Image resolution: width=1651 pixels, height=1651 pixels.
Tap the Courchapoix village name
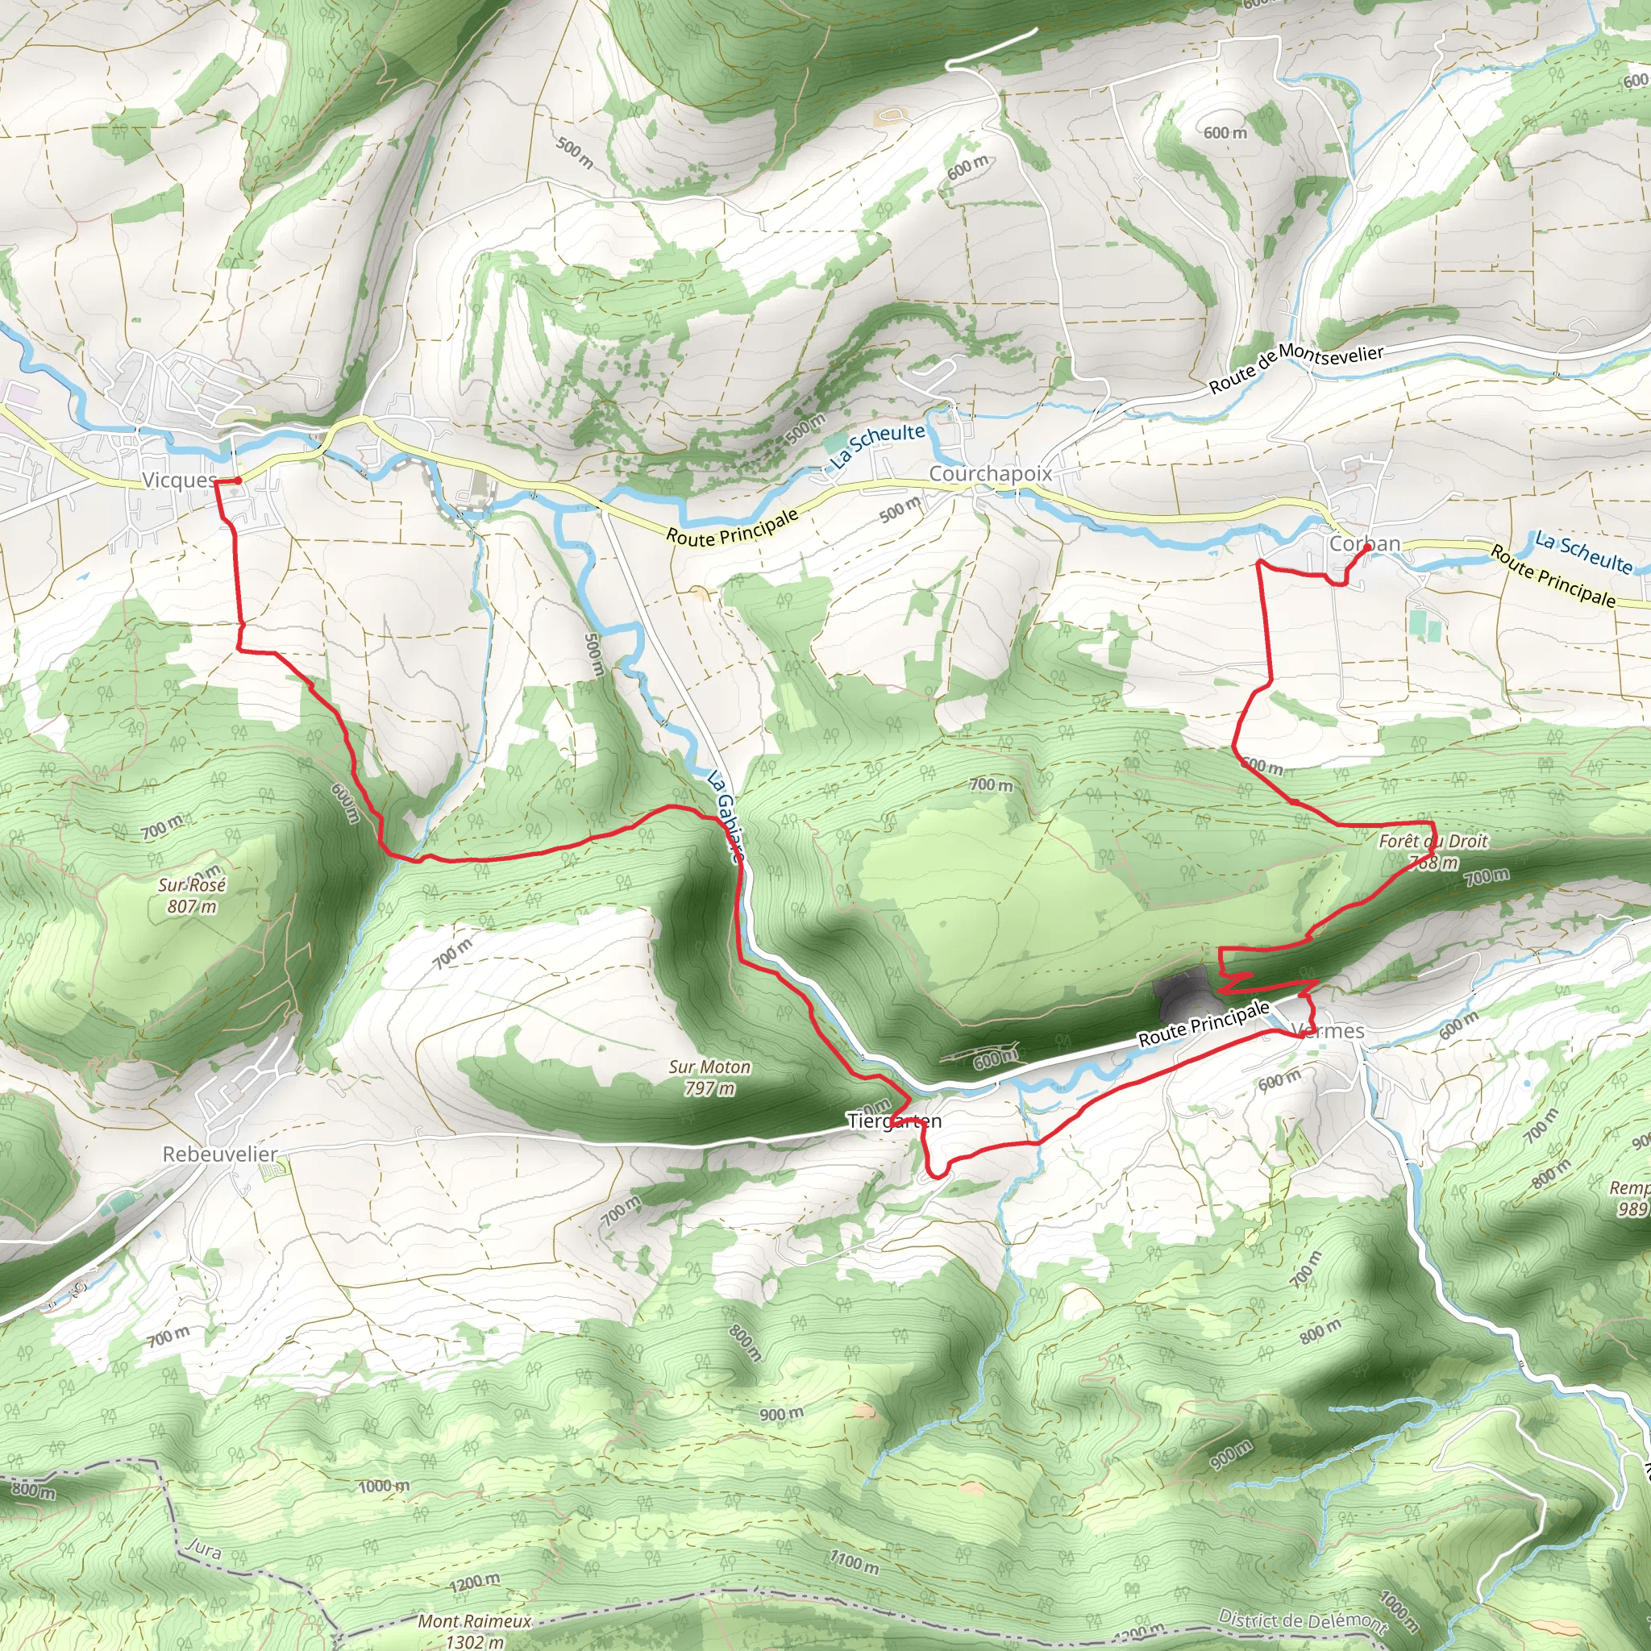990,473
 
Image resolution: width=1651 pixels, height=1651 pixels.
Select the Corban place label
1364,543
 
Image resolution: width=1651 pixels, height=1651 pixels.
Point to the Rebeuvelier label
219,1154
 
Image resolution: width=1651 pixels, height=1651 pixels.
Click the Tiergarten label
894,1121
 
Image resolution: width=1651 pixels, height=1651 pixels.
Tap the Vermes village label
1329,1030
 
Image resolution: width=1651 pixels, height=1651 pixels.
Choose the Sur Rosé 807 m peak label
191,895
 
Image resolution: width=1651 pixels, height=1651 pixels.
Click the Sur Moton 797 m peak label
709,1077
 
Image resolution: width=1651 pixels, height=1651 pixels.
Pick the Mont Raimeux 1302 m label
474,1628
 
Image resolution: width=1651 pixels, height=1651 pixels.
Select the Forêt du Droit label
1433,841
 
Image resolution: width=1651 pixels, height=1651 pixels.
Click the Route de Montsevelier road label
1295,367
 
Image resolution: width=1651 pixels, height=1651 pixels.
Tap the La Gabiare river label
726,815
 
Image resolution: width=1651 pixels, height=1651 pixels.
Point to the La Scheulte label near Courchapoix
878,444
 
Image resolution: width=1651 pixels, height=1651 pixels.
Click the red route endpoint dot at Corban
1369,550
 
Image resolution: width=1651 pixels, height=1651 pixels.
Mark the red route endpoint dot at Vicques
238,481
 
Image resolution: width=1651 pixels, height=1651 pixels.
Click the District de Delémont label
1303,1620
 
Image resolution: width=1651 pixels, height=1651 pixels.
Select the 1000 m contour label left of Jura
384,1486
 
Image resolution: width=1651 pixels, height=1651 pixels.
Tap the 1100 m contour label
854,1562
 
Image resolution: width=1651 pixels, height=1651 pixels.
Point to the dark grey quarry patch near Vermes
1180,995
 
